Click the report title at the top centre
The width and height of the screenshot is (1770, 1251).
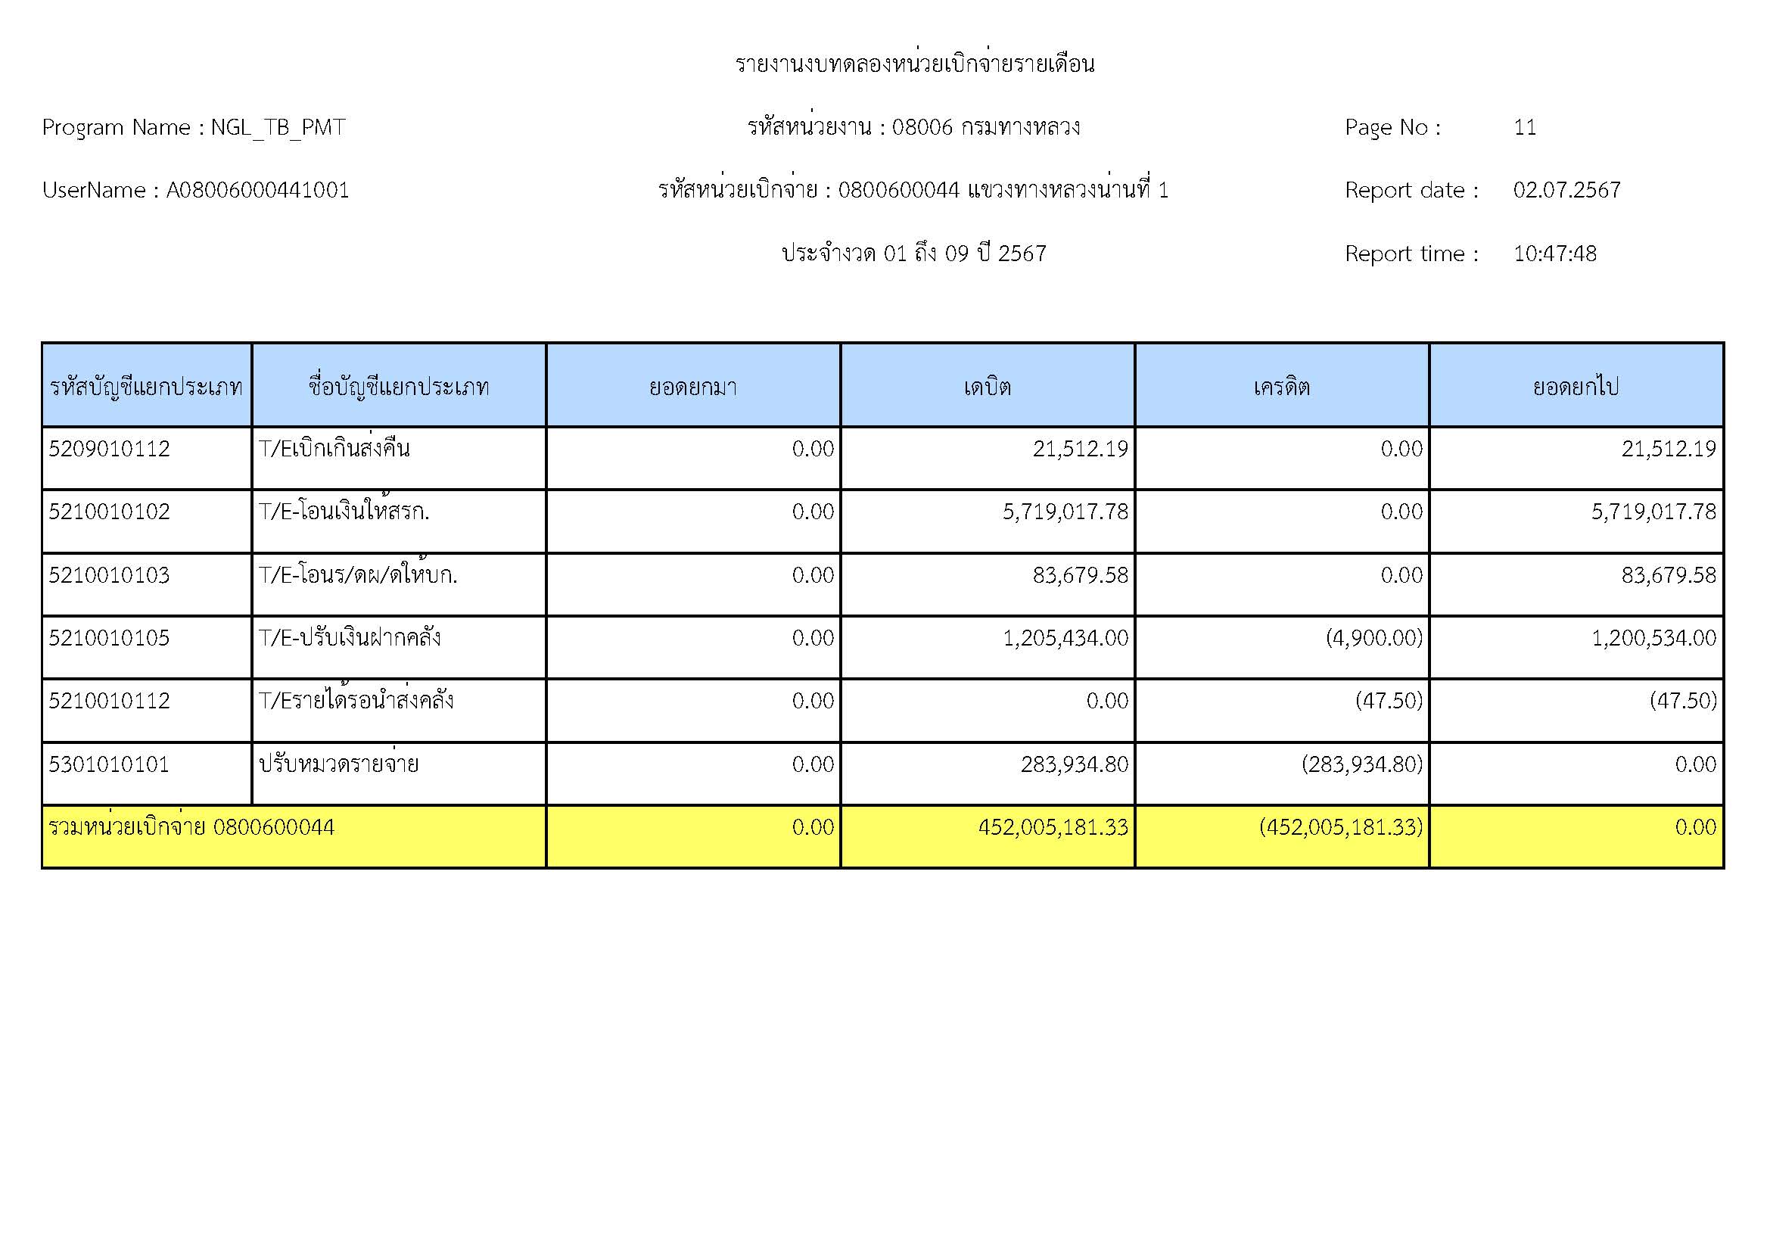tap(914, 64)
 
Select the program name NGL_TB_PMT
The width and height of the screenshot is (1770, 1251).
tap(278, 127)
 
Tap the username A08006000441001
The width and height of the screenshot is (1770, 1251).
tap(257, 191)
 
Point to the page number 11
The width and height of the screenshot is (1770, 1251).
tap(1524, 127)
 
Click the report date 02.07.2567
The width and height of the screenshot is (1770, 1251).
tap(1566, 191)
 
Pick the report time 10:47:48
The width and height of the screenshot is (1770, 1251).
tap(1554, 254)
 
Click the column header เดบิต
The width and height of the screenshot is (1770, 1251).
tap(987, 386)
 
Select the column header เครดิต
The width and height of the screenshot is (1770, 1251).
tap(1281, 386)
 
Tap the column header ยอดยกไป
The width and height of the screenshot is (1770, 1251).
tap(1576, 386)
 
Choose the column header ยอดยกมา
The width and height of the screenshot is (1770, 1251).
tap(692, 386)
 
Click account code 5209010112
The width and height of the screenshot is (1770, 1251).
tap(110, 449)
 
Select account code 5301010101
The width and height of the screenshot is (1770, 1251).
tap(110, 764)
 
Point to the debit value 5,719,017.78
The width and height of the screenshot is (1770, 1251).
tap(1065, 512)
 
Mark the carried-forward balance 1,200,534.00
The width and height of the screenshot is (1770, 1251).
tap(1653, 638)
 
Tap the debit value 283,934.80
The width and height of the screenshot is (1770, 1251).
tap(1074, 764)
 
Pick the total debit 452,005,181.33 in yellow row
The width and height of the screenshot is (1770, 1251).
tap(1053, 828)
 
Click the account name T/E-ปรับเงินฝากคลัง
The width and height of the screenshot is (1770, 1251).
tap(349, 638)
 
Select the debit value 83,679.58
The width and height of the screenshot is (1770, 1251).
tap(1080, 575)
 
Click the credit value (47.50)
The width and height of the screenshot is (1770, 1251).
tap(1389, 701)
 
